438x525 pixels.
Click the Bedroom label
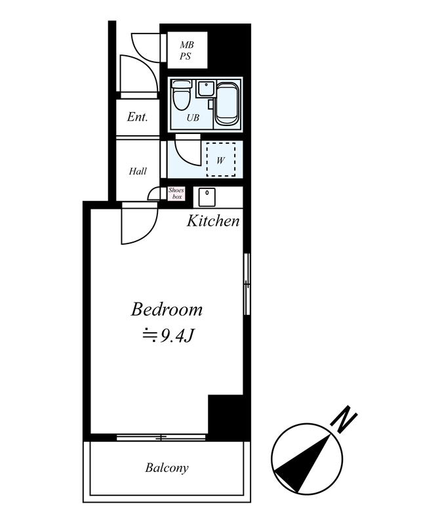tap(167, 309)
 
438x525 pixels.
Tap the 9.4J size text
tap(169, 335)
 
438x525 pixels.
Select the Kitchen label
tap(213, 221)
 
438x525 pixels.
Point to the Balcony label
tap(167, 467)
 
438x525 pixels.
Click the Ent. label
tap(137, 117)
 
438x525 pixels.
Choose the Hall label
tap(138, 171)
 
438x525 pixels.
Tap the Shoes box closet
tap(176, 194)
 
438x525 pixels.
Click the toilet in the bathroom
tap(181, 94)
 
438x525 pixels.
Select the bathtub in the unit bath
tap(228, 104)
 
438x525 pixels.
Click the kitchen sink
tap(207, 198)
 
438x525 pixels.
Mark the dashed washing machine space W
tap(220, 159)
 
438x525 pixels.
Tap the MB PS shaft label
tap(187, 51)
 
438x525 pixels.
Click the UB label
tap(193, 117)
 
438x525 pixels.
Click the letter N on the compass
tap(344, 419)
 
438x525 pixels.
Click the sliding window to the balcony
tap(161, 437)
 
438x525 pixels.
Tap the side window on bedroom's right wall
tap(247, 284)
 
